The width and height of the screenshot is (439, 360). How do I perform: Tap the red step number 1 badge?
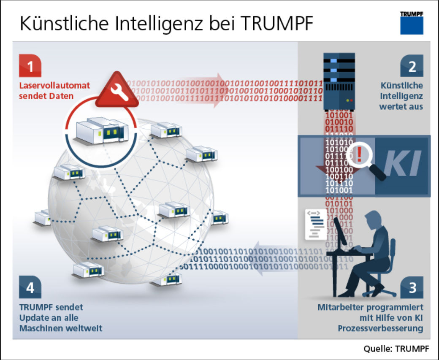tap(30, 67)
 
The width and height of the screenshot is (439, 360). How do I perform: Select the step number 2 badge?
tap(412, 67)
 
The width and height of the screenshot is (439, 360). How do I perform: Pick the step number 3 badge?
tap(412, 287)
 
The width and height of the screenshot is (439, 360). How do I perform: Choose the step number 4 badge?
tap(30, 287)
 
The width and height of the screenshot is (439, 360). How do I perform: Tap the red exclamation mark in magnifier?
tap(359, 154)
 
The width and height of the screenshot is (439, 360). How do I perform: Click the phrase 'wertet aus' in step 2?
tap(401, 106)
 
